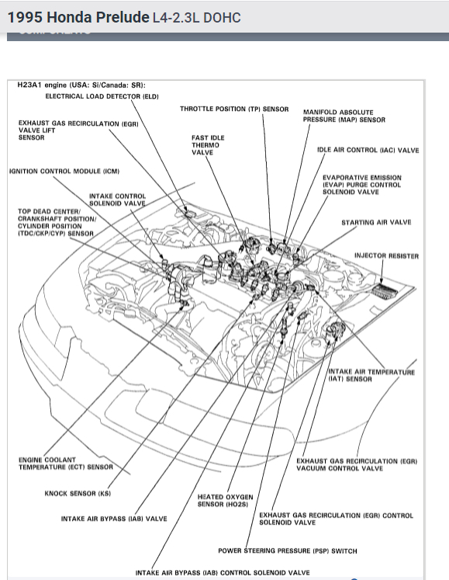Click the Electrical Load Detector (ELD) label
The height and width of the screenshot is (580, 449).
[102, 96]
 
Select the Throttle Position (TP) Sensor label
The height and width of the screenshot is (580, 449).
[234, 109]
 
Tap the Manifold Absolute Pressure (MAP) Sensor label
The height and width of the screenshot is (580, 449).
[344, 116]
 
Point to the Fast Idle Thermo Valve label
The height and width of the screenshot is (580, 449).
[208, 145]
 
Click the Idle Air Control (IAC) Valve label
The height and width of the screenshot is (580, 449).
[368, 150]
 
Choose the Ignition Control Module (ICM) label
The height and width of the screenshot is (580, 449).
[64, 172]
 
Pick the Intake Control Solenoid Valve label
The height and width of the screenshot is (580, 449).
[118, 200]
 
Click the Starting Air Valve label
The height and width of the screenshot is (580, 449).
[376, 222]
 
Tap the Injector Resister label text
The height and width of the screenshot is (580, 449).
[386, 256]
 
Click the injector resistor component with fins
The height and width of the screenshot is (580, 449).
[385, 290]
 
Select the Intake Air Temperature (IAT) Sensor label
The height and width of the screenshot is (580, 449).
[371, 376]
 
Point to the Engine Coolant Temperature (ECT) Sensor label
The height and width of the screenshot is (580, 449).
[66, 464]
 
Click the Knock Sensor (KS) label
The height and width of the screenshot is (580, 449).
[78, 494]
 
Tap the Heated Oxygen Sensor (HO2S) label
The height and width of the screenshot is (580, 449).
[225, 501]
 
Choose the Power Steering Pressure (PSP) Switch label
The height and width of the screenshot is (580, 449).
[288, 550]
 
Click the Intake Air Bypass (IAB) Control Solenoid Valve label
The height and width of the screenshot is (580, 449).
[223, 572]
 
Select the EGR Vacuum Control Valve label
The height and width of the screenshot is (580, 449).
[357, 464]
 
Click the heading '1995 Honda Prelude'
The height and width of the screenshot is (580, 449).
[78, 17]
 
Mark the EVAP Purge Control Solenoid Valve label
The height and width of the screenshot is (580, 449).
[362, 185]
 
